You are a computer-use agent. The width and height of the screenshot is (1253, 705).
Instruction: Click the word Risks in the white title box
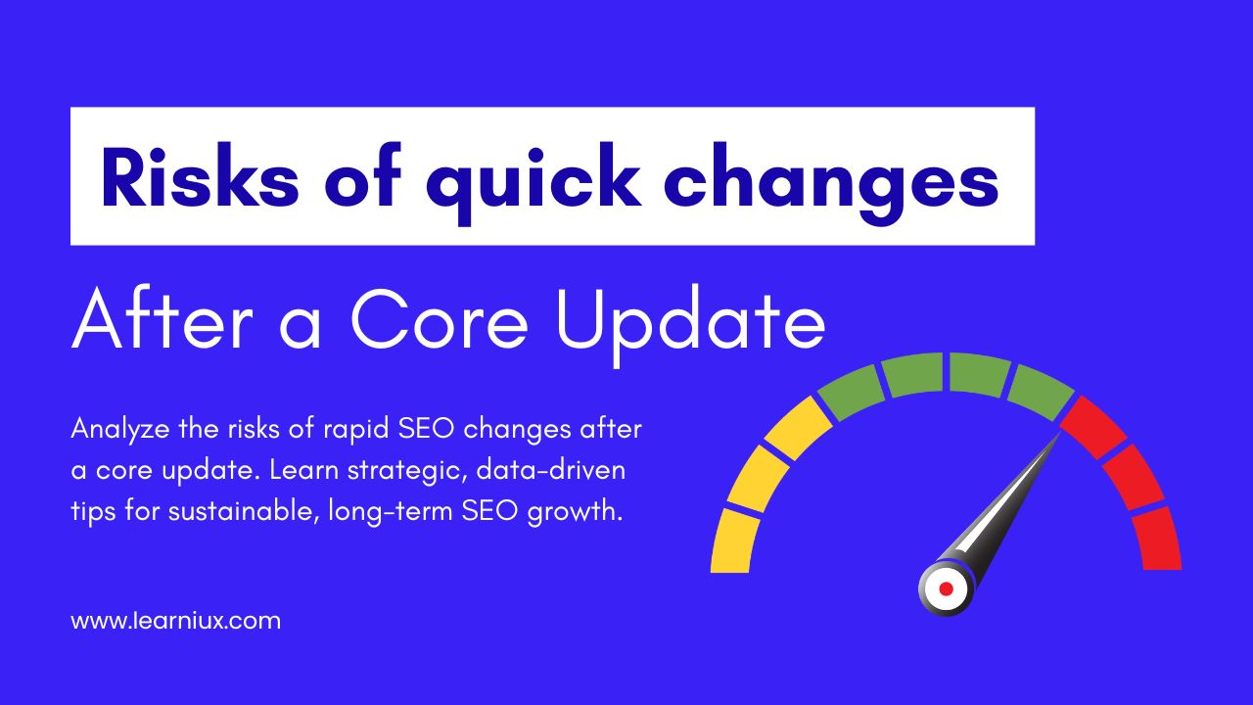[200, 177]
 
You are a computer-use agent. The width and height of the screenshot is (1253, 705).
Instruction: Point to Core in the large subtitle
[440, 320]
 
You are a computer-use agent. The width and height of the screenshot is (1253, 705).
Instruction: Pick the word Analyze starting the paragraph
[120, 430]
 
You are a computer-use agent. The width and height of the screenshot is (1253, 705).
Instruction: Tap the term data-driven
[551, 470]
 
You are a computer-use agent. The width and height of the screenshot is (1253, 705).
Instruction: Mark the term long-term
[391, 511]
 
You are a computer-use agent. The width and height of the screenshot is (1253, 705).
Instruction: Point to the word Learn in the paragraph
[303, 470]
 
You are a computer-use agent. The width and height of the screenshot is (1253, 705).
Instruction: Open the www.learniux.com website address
[176, 621]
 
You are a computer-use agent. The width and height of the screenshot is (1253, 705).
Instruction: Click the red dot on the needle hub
[947, 588]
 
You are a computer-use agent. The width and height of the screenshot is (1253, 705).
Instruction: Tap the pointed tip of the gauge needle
[1060, 434]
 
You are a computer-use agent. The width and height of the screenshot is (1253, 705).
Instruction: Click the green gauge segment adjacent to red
[1041, 393]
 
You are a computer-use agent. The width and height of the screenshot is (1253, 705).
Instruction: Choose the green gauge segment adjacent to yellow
[852, 393]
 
